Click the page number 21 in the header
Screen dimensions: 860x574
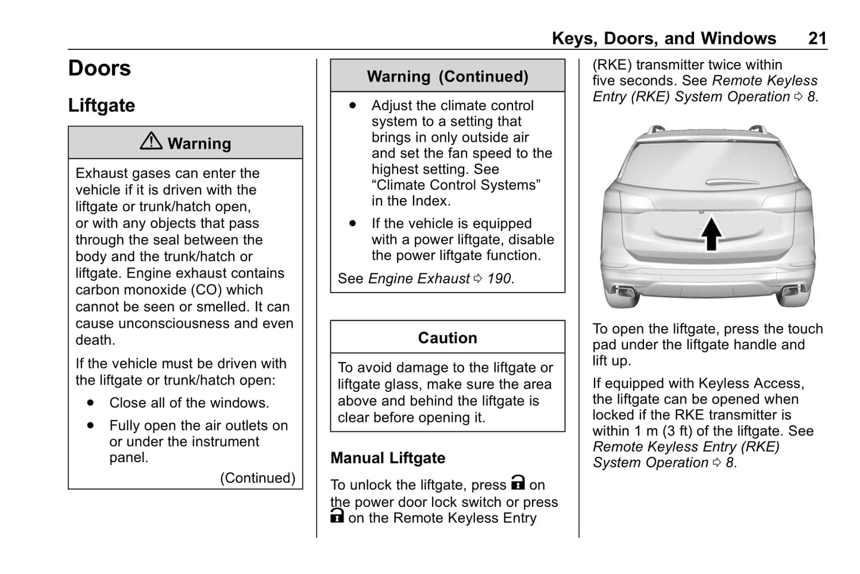(817, 39)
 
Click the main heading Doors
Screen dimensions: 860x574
(99, 68)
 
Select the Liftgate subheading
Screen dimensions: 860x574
(101, 105)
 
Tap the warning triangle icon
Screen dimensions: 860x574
(151, 140)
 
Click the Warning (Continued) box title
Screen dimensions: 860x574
(448, 76)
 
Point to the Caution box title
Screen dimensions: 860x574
(448, 338)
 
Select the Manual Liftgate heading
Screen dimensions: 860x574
(388, 458)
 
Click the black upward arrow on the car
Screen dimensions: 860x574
(711, 234)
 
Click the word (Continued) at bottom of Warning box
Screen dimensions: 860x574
(258, 478)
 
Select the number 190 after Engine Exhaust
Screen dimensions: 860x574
(499, 278)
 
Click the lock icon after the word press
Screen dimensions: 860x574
(518, 482)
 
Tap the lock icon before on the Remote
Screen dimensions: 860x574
(337, 516)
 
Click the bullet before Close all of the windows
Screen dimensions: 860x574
(90, 403)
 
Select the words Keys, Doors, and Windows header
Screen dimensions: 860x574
(664, 39)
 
